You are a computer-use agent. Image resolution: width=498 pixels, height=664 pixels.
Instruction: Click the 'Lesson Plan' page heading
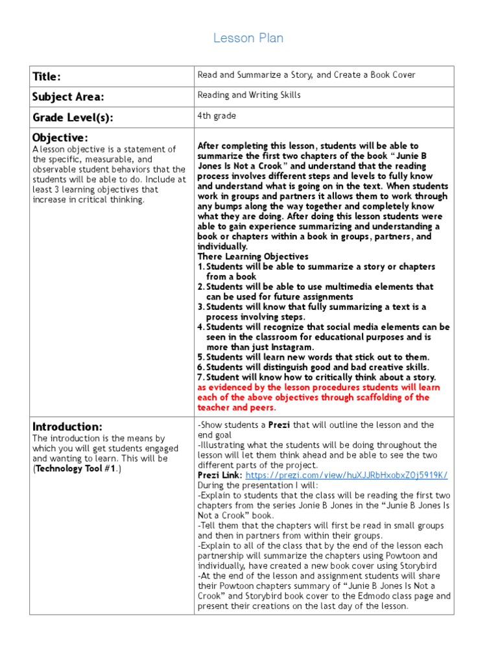[x=248, y=38]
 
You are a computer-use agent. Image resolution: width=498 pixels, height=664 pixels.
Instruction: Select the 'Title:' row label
[x=47, y=77]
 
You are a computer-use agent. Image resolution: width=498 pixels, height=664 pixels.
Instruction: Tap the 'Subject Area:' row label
[x=68, y=97]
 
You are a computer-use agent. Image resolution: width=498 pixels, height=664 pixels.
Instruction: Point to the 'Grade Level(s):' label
[x=73, y=117]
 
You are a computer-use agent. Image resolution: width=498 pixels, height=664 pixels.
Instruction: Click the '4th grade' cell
[x=217, y=116]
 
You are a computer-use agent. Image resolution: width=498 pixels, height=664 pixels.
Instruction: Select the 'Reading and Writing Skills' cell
[x=249, y=95]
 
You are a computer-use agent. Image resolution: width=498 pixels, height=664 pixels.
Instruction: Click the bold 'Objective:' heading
[x=60, y=137]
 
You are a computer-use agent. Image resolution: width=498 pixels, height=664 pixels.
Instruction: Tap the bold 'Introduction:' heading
[x=67, y=427]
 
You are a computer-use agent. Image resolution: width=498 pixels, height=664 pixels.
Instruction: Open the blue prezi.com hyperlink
[x=347, y=475]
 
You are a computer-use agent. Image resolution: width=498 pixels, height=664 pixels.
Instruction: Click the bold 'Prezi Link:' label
[x=220, y=475]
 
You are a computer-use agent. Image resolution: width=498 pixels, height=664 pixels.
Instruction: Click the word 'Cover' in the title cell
[x=403, y=75]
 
